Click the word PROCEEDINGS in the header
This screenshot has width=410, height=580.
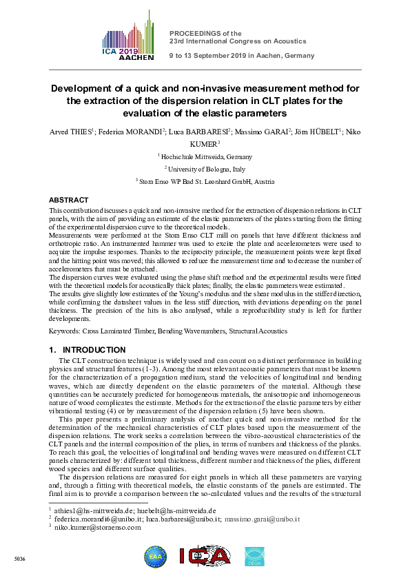(192, 32)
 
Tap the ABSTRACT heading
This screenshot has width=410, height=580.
(68, 199)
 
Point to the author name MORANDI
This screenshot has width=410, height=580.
(143, 131)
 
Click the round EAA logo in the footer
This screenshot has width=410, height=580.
(154, 556)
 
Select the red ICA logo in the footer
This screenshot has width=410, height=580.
(205, 556)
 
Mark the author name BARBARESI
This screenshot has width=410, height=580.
(205, 131)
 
